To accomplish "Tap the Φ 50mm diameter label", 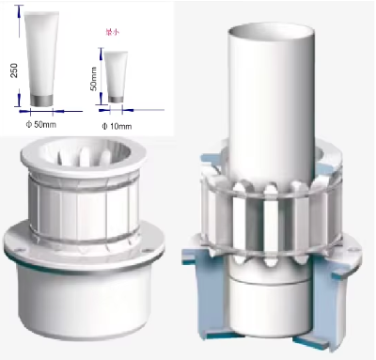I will click(x=42, y=123).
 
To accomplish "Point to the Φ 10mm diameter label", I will click(x=116, y=123).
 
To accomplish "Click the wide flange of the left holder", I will click(x=84, y=243).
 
